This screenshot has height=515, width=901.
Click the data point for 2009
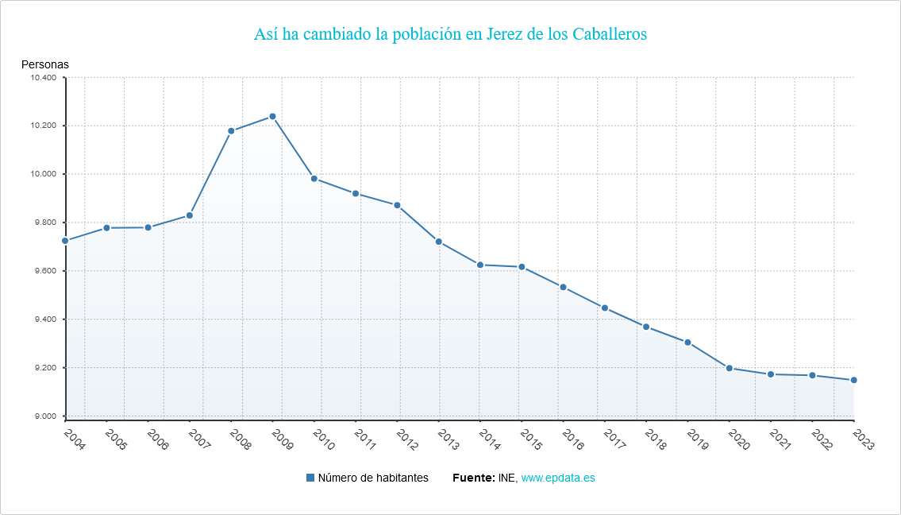point(272,117)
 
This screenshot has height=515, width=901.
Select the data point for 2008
point(231,131)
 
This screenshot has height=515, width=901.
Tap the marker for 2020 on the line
point(729,368)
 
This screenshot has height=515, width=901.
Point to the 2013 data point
point(438,242)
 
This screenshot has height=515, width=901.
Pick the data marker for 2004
point(65,241)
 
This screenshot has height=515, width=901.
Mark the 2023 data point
point(853,380)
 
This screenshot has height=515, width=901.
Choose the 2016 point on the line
point(563,287)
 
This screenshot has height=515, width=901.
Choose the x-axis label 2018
point(655,439)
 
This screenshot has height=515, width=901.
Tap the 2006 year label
point(157,439)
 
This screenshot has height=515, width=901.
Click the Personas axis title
point(45,64)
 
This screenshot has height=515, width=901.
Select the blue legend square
point(310,478)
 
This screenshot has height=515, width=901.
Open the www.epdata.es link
point(558,478)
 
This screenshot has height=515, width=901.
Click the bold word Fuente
point(473,478)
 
